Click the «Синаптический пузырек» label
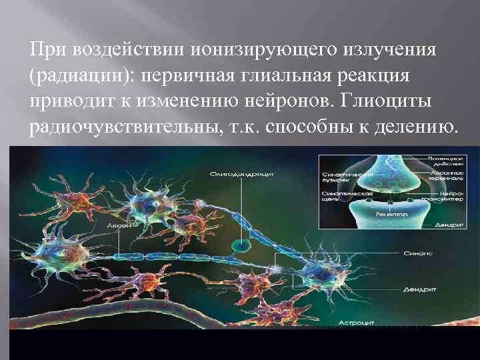[x=339, y=176]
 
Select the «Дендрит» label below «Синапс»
[x=420, y=290]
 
